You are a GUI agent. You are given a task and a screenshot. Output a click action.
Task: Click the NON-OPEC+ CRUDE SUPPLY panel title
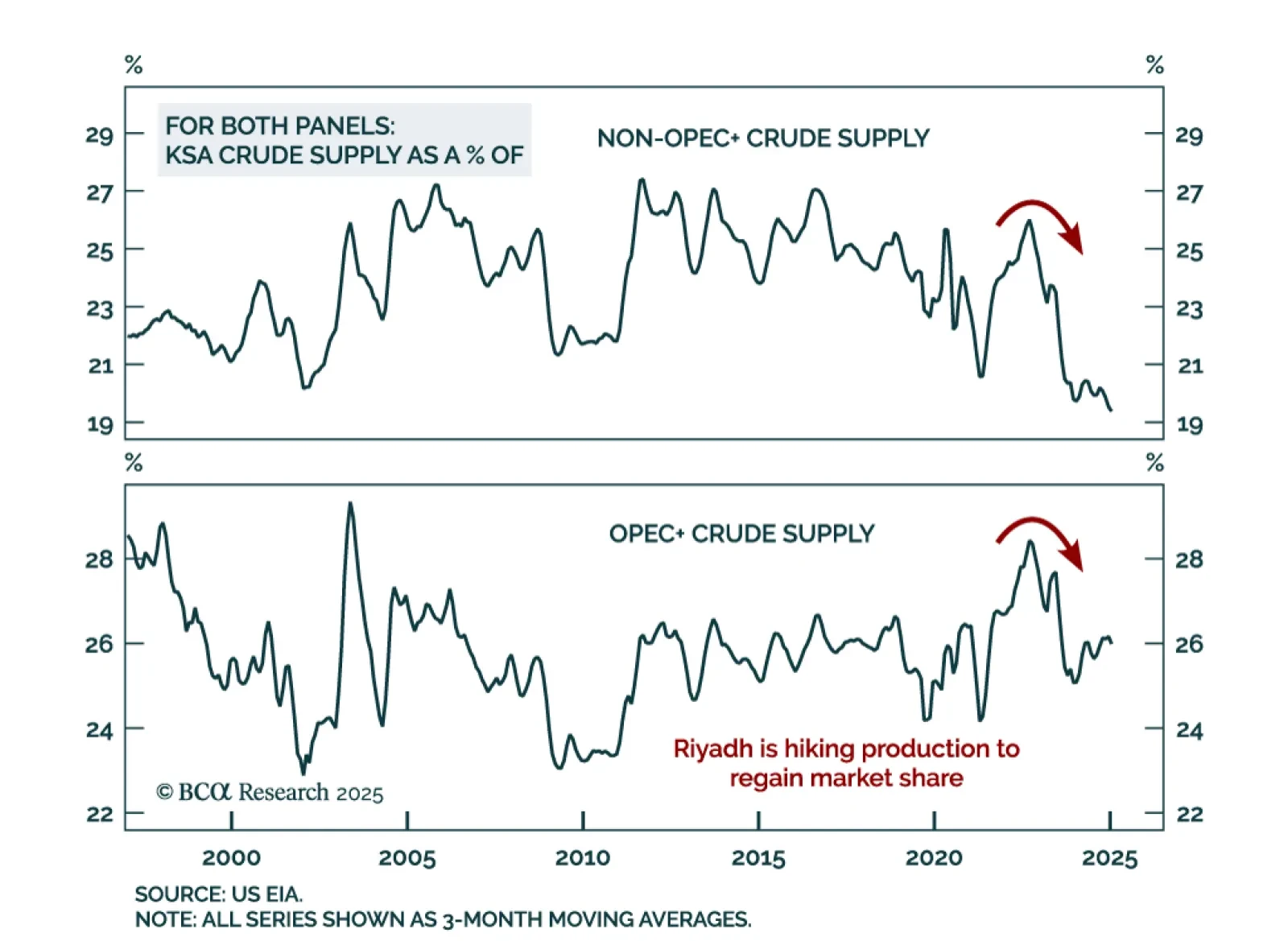point(762,138)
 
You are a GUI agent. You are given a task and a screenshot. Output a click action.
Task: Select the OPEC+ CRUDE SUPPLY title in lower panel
point(741,534)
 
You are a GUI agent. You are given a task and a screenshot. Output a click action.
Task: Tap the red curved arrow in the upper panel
point(1040,221)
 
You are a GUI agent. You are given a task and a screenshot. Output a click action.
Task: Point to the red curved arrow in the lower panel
point(1040,538)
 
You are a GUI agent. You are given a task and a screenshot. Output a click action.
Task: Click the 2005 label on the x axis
point(407,858)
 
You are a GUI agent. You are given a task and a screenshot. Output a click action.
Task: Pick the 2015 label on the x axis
point(758,858)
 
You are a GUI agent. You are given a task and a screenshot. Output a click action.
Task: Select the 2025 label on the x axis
point(1109,858)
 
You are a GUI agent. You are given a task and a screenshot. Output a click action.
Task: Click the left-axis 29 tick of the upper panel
point(100,135)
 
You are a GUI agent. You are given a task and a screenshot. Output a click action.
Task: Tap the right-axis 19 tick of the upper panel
point(1189,424)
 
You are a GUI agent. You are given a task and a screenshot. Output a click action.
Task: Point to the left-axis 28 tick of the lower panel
point(100,559)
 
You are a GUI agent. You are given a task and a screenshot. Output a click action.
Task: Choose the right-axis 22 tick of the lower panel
point(1189,815)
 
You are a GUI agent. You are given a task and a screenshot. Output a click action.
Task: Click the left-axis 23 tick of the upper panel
point(100,308)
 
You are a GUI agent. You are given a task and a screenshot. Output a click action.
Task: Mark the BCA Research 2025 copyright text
point(270,793)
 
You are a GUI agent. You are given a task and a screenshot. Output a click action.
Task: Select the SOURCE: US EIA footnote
point(218,894)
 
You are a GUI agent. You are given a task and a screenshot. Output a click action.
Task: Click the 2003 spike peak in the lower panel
point(350,504)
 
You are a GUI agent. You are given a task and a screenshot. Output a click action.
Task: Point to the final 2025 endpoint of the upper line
point(1111,411)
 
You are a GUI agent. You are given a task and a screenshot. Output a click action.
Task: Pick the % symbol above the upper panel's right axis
point(1154,65)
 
